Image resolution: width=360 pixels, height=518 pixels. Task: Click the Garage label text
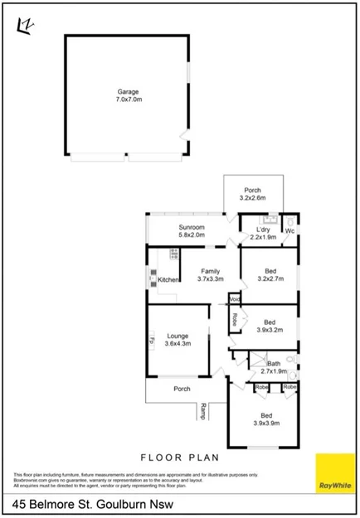click(127, 91)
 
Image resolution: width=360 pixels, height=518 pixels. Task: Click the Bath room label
click(273, 365)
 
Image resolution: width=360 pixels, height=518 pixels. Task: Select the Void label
click(235, 299)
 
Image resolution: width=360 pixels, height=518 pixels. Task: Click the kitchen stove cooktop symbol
click(174, 254)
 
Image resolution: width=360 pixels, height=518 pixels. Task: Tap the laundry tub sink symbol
click(269, 220)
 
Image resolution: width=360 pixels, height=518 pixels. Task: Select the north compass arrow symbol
click(25, 27)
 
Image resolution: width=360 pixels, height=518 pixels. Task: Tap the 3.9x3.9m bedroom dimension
click(266, 423)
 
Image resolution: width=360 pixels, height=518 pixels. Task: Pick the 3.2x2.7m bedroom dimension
click(270, 279)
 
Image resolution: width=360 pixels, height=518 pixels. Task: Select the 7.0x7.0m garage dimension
click(127, 99)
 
